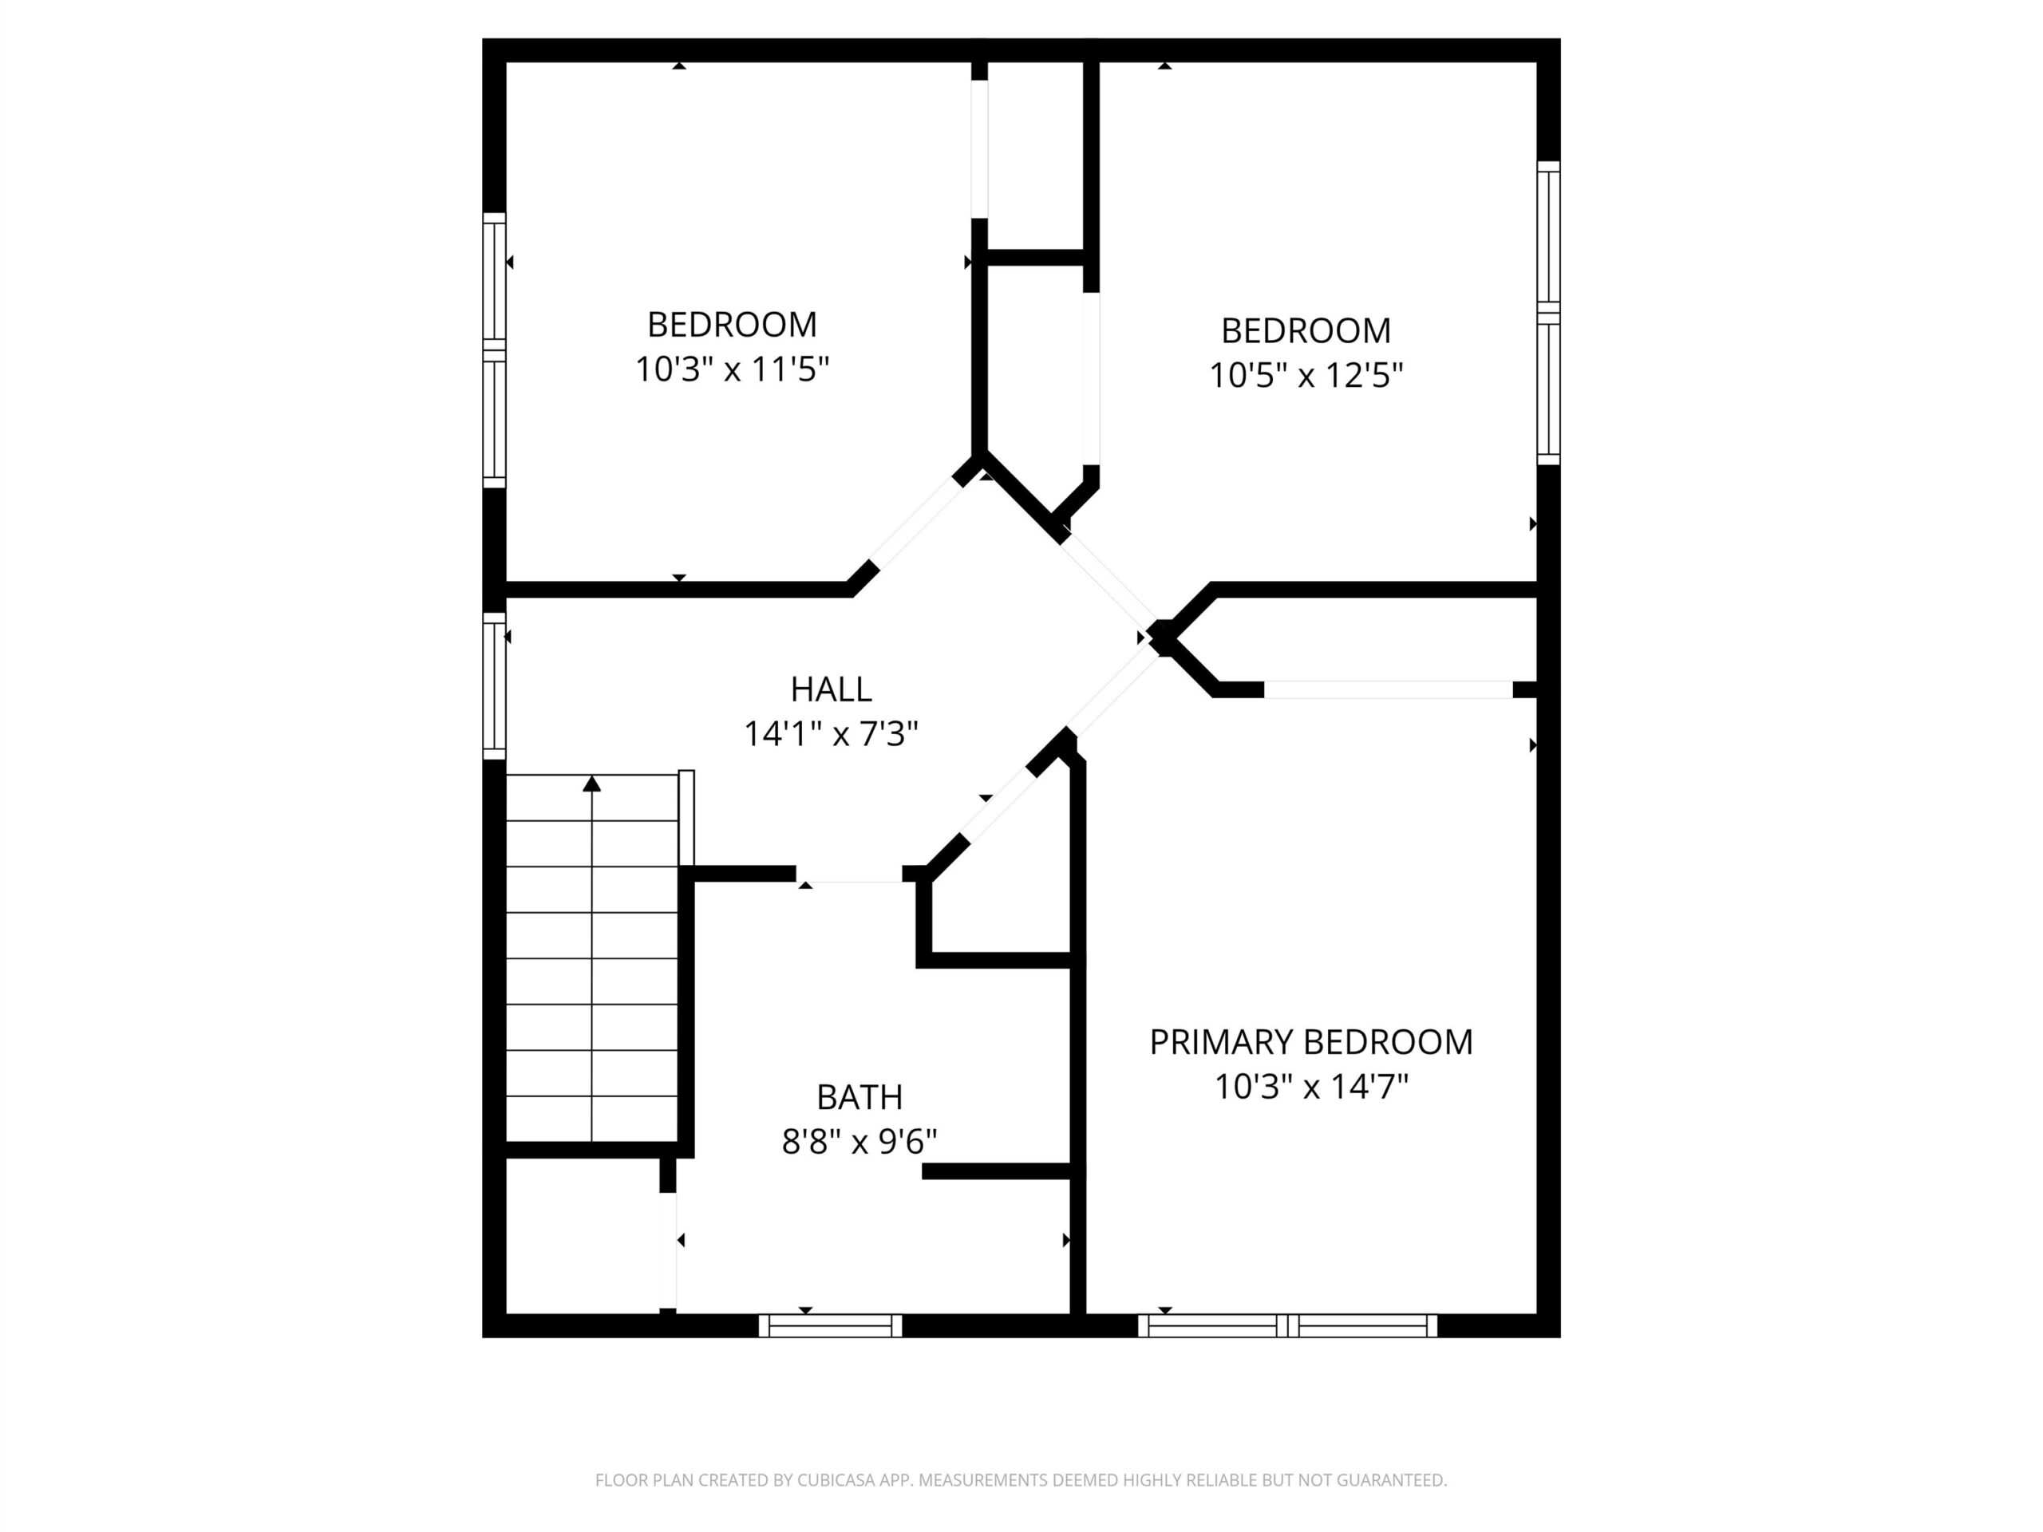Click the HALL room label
tap(832, 689)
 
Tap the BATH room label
tap(859, 1097)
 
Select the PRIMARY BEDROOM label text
tap(1310, 1041)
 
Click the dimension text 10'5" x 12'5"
tap(1306, 375)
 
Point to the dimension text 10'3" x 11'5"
tap(733, 369)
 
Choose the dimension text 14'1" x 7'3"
tap(832, 734)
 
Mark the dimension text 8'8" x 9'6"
tap(859, 1143)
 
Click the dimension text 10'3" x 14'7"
tap(1310, 1087)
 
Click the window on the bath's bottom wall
tap(830, 1326)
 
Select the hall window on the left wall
tap(495, 686)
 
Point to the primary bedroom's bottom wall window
tap(1287, 1326)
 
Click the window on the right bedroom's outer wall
tap(1549, 313)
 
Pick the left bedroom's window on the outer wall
tap(495, 350)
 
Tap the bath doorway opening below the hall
tap(849, 875)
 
